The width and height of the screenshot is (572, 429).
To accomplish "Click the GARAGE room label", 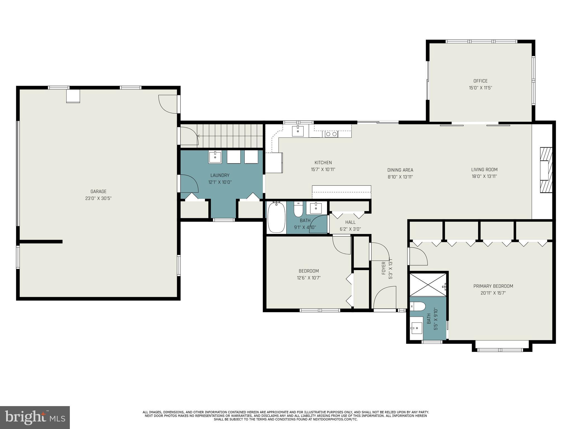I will coord(98,192).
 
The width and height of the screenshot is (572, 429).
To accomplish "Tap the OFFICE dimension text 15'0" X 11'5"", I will coord(480,88).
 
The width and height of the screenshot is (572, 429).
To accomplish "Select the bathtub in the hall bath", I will coord(276,218).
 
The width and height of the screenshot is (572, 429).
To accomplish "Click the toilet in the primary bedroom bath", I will coord(418,306).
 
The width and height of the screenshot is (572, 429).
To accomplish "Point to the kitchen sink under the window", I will coord(298,131).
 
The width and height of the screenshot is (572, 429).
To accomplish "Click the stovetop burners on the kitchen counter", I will coord(332,134).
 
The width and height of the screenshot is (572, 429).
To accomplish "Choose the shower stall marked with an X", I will coord(428,285).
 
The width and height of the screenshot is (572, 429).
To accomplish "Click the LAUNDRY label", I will coord(220,175).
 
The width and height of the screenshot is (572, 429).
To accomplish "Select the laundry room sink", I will coord(215,157).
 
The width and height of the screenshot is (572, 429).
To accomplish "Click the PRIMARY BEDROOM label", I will coord(493,286).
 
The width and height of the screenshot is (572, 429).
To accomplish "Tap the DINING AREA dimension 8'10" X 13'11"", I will coord(400,177).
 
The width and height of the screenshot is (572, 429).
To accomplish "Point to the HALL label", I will coord(350,222).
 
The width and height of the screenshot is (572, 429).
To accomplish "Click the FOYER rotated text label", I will coord(384,268).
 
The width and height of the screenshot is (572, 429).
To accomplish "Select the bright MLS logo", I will coord(35,417).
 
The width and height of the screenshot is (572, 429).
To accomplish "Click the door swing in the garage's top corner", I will coord(168,104).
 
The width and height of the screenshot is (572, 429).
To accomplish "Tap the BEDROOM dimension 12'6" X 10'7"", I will coord(309,278).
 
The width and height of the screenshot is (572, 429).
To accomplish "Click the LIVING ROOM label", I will coord(484,170).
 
